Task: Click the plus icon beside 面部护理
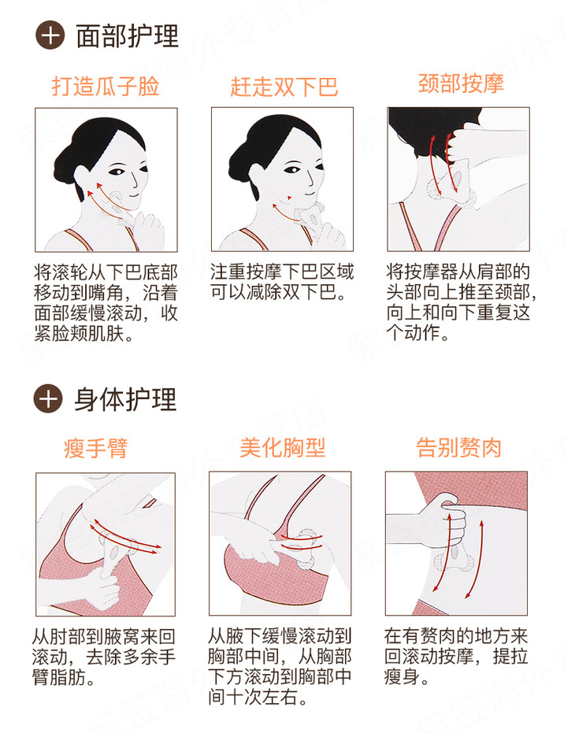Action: (50, 35)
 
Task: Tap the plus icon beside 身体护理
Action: (48, 398)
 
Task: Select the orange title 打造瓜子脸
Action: (106, 87)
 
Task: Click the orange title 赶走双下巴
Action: (284, 87)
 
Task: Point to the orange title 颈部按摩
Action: (461, 83)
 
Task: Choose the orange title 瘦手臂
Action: (96, 447)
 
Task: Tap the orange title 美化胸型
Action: (282, 447)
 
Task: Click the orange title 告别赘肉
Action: (458, 447)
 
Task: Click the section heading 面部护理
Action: (128, 35)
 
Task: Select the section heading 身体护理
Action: (125, 399)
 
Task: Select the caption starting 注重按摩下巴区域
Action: (282, 282)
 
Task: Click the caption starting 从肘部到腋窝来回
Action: (104, 657)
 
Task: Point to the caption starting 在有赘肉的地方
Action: (456, 657)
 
